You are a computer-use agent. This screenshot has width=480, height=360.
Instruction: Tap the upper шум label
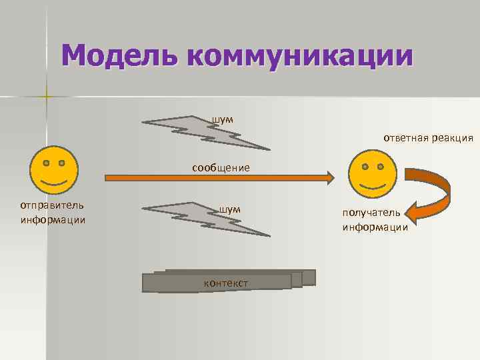point(223,119)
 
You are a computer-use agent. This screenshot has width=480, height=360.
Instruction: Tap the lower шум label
point(229,209)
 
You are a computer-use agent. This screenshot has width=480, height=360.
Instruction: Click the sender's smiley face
point(53,171)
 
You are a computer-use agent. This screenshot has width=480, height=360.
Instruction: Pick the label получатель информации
point(375,220)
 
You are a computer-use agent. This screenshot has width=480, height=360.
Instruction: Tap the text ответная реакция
point(428,138)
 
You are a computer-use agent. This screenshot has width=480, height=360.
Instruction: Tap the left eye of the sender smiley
point(45,163)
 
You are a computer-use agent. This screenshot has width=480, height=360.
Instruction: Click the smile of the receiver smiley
point(372,183)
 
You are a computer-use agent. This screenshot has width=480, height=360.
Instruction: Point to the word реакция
point(451,138)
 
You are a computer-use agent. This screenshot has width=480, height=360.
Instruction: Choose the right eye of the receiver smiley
point(380,166)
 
